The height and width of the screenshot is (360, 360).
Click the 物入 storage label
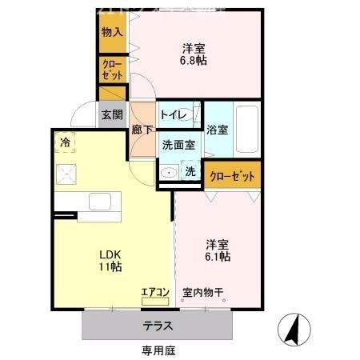point(112,32)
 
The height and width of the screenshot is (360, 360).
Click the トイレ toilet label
point(174,115)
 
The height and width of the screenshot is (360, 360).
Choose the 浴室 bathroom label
point(217,130)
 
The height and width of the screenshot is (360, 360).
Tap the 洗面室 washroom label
point(178,145)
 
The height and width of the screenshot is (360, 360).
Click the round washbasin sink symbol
point(169,172)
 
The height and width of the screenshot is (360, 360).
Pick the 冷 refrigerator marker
point(64,142)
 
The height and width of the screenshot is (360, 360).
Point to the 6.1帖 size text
point(218,257)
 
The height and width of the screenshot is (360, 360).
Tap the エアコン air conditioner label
point(155,292)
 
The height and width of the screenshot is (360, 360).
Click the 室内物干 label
point(203,292)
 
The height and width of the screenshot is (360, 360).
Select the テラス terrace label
point(159,326)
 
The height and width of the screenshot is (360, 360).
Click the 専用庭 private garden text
point(158,350)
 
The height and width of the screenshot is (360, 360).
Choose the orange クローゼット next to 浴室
point(233,175)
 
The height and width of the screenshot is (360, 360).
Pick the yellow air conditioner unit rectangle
point(155,302)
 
